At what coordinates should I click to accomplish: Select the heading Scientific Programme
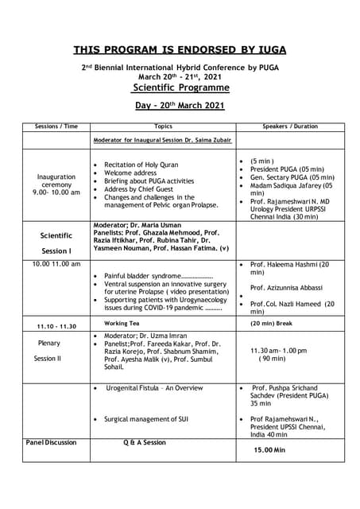coord(180,87)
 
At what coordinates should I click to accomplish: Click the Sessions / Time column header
coord(56,126)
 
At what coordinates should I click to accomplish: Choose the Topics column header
coord(162,126)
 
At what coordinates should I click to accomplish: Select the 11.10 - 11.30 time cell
coord(56,327)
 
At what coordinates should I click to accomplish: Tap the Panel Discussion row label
coord(52,442)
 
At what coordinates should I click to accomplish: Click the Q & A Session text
coord(145,442)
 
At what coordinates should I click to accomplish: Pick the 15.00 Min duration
coord(269,449)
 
